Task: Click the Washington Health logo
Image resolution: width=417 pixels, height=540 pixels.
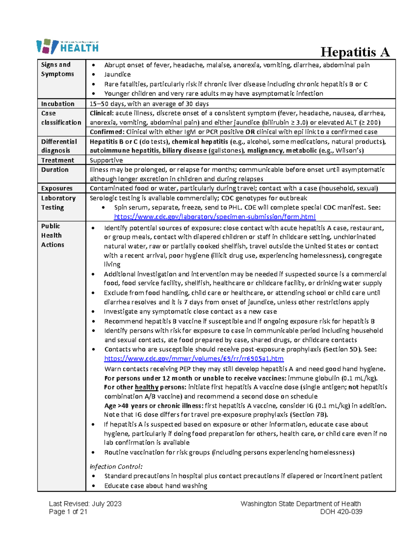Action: click(x=67, y=46)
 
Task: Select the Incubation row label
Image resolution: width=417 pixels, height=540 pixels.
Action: click(x=58, y=104)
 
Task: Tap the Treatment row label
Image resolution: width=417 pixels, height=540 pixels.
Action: click(x=58, y=160)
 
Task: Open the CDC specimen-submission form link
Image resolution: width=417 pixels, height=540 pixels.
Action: click(x=215, y=217)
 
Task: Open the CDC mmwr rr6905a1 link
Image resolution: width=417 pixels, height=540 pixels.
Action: click(x=194, y=358)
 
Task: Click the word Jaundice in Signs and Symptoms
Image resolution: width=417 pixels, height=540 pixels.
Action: click(x=117, y=74)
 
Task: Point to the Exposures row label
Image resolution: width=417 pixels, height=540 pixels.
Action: click(x=57, y=188)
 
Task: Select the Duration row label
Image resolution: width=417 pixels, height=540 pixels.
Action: click(x=55, y=170)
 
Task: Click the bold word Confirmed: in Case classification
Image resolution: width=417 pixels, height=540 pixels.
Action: click(x=107, y=132)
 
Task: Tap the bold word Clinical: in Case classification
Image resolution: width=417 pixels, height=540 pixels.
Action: click(x=101, y=113)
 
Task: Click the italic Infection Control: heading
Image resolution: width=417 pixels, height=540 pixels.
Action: click(x=116, y=467)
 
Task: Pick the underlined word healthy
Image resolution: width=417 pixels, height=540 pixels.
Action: click(x=147, y=387)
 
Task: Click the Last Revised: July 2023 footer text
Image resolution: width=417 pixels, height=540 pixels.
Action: click(x=85, y=504)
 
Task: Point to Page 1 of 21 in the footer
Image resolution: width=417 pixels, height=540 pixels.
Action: click(x=68, y=511)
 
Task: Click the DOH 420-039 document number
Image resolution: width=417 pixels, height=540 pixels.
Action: click(x=341, y=511)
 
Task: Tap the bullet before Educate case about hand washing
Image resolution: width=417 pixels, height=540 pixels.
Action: click(x=93, y=486)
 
